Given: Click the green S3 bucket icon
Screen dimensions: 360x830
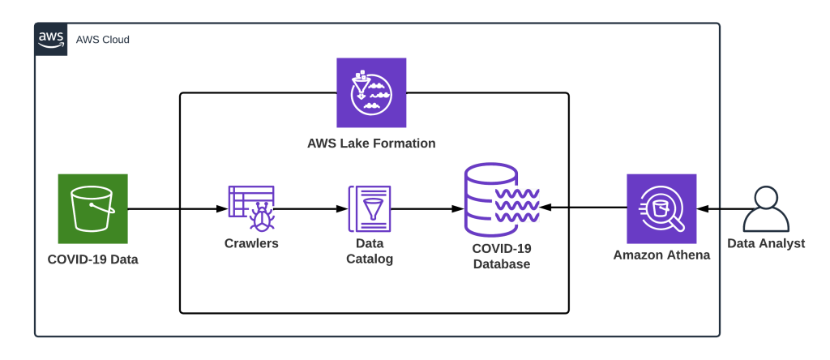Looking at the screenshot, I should coord(92,208).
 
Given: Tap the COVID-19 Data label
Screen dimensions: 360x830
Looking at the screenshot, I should coord(92,259).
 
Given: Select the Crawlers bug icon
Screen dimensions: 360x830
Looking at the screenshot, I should coord(251,208).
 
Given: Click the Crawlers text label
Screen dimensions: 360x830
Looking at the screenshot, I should coord(251,243).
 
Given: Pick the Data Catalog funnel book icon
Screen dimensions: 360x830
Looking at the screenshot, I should coord(370,208).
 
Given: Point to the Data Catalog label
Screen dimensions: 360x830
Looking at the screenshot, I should coord(370,251).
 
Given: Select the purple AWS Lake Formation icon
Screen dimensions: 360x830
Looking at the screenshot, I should coord(371,92).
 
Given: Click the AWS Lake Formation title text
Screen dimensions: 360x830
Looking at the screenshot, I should coord(371,144).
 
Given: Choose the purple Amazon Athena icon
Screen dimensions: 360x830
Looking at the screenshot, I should coord(661,208).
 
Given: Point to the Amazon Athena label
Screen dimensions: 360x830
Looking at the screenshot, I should coord(661,255).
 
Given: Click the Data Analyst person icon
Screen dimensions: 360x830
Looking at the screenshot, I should coord(766,208).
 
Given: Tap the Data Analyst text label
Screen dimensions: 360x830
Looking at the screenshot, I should coord(766,243).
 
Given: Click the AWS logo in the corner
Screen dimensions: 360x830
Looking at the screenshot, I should coord(50,39).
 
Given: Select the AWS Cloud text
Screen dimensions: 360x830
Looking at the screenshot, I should coord(102,40).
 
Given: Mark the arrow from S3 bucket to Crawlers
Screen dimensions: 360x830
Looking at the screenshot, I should coord(177,208).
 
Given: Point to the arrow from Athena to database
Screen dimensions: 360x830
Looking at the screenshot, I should coord(584,208).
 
